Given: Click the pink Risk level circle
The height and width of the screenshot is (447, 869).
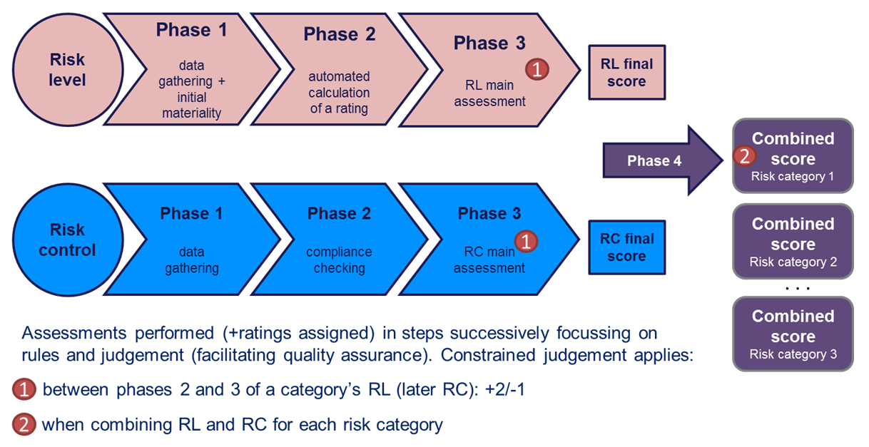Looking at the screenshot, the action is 68,70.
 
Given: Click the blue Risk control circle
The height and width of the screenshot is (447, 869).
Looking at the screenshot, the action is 68,240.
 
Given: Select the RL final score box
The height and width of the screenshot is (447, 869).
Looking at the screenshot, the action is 627,73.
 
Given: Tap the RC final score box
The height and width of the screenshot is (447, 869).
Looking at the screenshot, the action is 627,247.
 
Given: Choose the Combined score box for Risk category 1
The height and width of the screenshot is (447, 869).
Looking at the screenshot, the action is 793,156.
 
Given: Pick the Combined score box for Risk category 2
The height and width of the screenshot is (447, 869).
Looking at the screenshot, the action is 793,241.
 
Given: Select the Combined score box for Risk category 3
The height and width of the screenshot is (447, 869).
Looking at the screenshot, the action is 793,334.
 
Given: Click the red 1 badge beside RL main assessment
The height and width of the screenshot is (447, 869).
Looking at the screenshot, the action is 537,69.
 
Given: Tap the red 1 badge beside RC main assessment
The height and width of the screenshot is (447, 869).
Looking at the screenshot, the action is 526,242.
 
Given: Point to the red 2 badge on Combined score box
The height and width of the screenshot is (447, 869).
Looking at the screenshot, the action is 744,156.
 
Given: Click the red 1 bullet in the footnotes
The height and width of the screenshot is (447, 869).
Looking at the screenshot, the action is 24,389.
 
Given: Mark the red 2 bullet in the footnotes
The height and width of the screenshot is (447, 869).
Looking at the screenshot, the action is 24,424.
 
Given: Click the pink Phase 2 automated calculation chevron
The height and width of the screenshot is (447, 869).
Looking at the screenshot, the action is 340,70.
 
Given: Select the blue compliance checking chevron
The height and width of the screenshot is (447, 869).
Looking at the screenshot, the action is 340,240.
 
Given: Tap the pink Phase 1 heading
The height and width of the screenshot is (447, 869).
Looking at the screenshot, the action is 192,30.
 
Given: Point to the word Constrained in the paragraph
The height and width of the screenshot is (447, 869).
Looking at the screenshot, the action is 488,355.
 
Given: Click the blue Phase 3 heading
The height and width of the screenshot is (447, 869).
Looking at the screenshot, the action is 489,214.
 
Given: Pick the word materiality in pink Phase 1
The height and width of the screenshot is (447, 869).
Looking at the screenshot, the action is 192,113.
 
